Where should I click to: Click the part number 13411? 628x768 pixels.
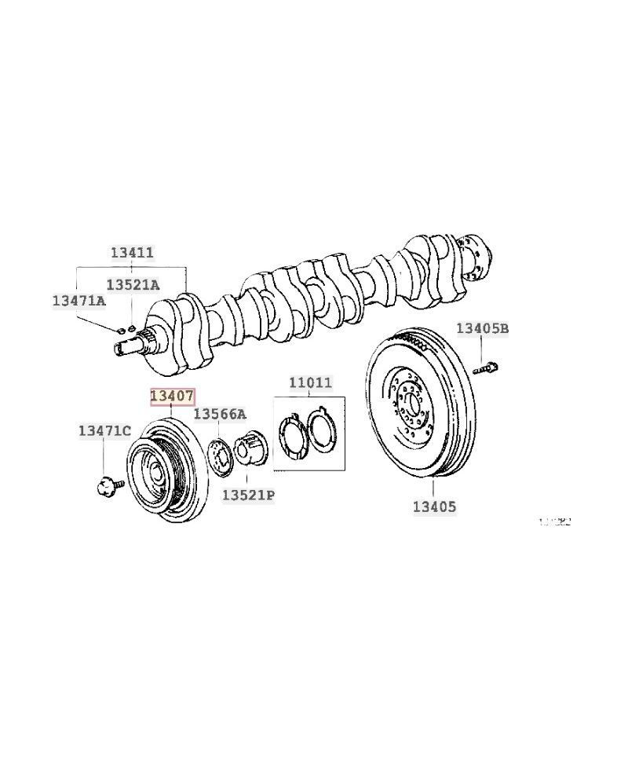pos(132,253)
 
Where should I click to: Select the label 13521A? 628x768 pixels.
pos(132,285)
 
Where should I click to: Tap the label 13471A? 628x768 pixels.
pos(78,301)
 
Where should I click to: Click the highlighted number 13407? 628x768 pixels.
pos(172,397)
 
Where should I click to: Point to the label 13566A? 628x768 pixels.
pos(220,414)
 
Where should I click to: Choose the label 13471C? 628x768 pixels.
pos(104,430)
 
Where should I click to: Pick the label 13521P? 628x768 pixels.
pos(248,495)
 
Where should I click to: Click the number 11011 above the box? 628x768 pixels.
pos(310,383)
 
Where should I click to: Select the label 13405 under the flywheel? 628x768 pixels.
pos(434,507)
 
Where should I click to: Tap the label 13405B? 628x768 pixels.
pos(483,328)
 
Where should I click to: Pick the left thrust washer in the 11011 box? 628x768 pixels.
pos(293,435)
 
